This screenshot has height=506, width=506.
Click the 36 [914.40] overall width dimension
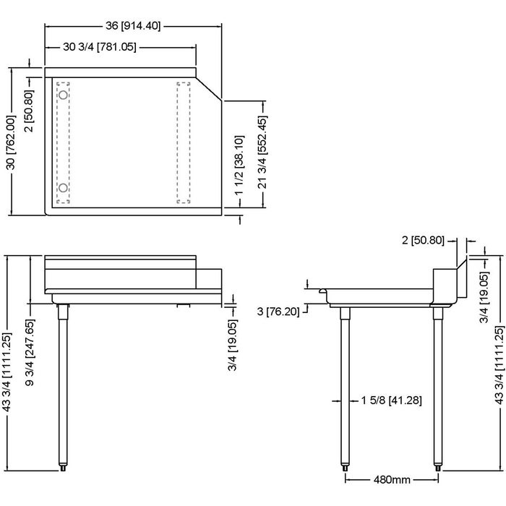pos(133,26)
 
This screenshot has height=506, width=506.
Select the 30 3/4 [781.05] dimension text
pos(100,48)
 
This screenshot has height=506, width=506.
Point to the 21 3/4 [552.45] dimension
pos(265,153)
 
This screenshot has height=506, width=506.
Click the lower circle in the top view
pos(64,189)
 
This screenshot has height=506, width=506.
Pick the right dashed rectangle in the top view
pos(184,142)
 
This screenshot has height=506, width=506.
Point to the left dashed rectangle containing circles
pos(64,142)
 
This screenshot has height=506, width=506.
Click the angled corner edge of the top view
pos(210,86)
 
